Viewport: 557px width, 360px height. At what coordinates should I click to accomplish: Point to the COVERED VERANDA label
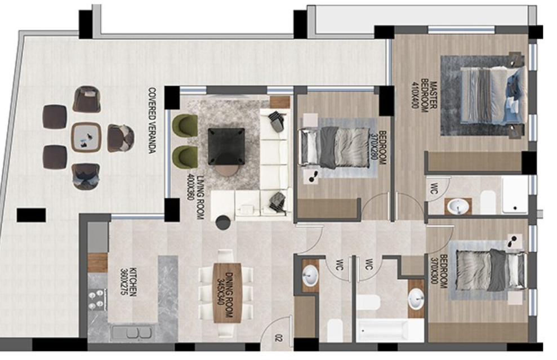[151, 121]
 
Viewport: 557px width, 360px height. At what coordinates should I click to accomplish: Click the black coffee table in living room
[226, 145]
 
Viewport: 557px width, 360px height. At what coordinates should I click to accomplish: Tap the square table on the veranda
[86, 137]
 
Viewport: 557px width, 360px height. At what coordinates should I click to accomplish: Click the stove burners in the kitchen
[97, 300]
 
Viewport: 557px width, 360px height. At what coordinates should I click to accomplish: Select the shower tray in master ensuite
[515, 195]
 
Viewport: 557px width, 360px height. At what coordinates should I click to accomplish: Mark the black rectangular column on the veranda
[31, 215]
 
